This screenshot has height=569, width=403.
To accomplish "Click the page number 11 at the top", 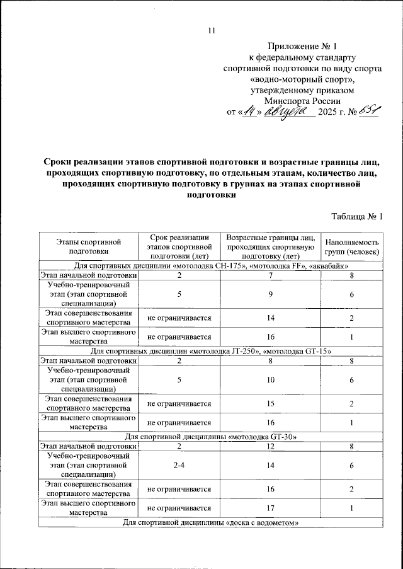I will (x=211, y=30).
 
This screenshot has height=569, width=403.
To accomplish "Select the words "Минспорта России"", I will (x=303, y=101).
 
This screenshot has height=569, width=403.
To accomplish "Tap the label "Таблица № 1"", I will (x=357, y=217).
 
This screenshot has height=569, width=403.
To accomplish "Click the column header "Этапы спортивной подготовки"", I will (x=88, y=246).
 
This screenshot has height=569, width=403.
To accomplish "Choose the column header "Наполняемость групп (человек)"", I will (x=352, y=246).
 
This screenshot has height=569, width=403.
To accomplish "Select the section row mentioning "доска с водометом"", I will (x=210, y=522).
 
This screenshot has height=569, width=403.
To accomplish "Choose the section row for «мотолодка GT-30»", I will (x=210, y=436).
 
